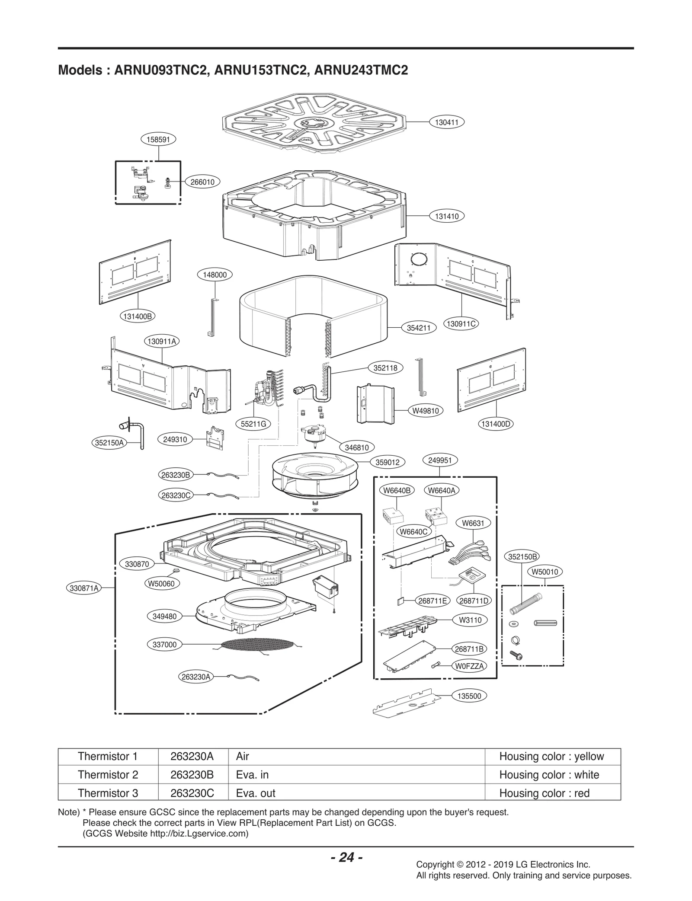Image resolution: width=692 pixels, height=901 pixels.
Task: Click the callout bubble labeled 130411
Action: [446, 122]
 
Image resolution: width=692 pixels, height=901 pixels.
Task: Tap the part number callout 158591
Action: [159, 139]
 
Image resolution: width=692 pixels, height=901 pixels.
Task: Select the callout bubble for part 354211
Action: [419, 328]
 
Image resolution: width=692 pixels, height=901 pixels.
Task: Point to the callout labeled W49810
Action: [426, 411]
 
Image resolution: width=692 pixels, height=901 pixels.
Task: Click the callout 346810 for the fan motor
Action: [357, 447]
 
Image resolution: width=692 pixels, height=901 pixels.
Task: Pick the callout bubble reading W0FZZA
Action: [469, 666]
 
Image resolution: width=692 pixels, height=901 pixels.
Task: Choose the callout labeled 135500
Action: [469, 696]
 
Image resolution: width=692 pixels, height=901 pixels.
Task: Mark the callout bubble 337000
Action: [165, 645]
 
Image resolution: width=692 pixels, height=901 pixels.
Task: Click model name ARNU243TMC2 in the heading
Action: [361, 70]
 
